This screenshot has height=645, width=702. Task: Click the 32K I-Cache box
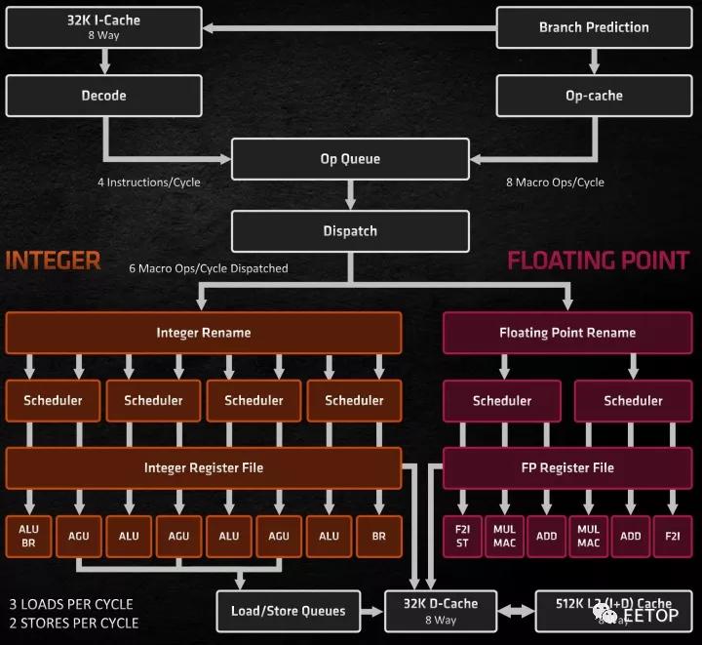pyautogui.click(x=103, y=27)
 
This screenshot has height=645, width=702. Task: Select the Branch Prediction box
pyautogui.click(x=594, y=27)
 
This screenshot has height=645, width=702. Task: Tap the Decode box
pyautogui.click(x=103, y=97)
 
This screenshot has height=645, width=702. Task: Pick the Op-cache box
pyautogui.click(x=594, y=97)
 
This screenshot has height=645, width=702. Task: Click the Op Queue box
pyautogui.click(x=350, y=159)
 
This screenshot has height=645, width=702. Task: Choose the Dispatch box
pyautogui.click(x=350, y=231)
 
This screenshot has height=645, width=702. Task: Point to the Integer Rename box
pyautogui.click(x=204, y=333)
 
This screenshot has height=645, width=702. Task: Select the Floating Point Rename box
pyautogui.click(x=567, y=333)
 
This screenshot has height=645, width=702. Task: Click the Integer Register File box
pyautogui.click(x=204, y=468)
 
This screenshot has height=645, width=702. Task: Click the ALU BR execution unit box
pyautogui.click(x=29, y=536)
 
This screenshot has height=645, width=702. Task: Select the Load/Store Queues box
pyautogui.click(x=288, y=611)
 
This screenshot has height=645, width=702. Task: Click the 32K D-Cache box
pyautogui.click(x=441, y=611)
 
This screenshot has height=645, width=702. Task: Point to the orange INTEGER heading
pyautogui.click(x=54, y=261)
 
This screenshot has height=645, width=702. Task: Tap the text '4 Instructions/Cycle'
pyautogui.click(x=149, y=182)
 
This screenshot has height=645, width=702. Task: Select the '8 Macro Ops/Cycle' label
pyautogui.click(x=555, y=182)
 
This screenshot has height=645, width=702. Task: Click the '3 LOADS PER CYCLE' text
pyautogui.click(x=71, y=604)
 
